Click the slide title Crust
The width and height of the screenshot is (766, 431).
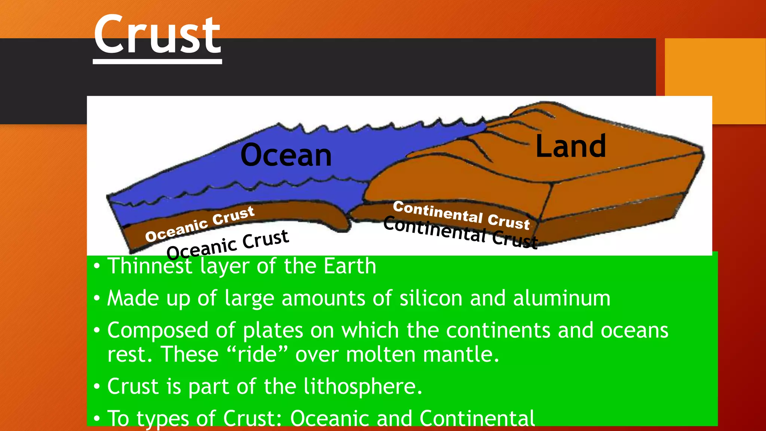tap(157, 36)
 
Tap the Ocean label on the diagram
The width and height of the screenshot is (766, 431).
tap(286, 155)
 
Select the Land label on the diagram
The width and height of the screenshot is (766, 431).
tap(570, 146)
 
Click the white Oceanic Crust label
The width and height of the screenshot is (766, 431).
tap(200, 224)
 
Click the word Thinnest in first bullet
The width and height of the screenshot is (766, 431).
tap(150, 266)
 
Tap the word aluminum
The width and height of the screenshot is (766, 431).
tap(561, 298)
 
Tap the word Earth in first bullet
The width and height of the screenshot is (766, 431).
tap(350, 266)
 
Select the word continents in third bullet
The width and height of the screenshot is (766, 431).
tap(498, 330)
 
